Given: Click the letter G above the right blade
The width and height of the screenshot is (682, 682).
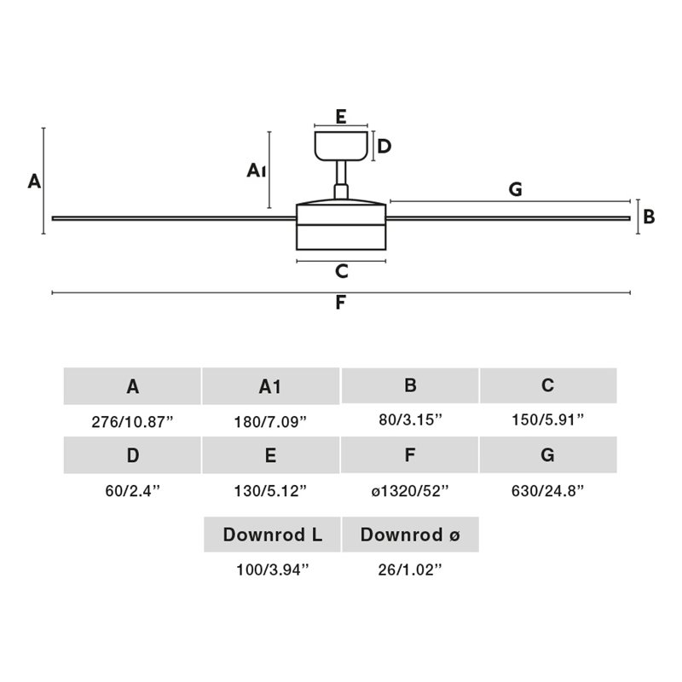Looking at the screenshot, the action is (x=516, y=189).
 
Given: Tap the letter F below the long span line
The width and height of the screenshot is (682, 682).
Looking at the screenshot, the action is (x=340, y=303).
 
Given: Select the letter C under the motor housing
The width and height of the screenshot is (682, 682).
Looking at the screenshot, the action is (x=342, y=271).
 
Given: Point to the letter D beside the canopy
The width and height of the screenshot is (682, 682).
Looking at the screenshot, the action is (x=384, y=147).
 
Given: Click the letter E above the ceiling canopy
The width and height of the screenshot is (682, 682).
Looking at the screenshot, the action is (x=341, y=117).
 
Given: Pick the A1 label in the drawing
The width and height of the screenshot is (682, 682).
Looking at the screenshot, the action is (x=257, y=170).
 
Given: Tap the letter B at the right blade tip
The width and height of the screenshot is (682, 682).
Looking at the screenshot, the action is (x=649, y=217).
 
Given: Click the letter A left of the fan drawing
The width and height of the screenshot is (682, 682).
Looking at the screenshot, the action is (x=34, y=181).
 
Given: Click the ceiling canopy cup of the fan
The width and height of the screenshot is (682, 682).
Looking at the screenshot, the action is (x=342, y=146).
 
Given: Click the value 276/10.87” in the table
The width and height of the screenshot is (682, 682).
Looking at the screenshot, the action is (x=132, y=422).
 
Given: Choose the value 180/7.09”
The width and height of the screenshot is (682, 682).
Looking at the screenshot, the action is (x=270, y=422).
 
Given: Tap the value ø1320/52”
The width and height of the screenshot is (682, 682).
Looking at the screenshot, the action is (x=410, y=491).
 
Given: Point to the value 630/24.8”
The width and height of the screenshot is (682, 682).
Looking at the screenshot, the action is (x=547, y=491).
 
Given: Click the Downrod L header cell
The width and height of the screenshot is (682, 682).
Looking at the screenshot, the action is (x=272, y=535).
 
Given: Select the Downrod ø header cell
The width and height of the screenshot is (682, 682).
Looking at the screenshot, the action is (x=411, y=535).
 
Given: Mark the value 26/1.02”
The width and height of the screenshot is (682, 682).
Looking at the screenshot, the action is (x=410, y=569).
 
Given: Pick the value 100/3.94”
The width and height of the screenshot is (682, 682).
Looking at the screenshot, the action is (x=272, y=569).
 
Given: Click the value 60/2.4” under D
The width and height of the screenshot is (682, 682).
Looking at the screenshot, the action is (x=133, y=491).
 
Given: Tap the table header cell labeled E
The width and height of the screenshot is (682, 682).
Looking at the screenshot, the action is (x=270, y=455).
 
